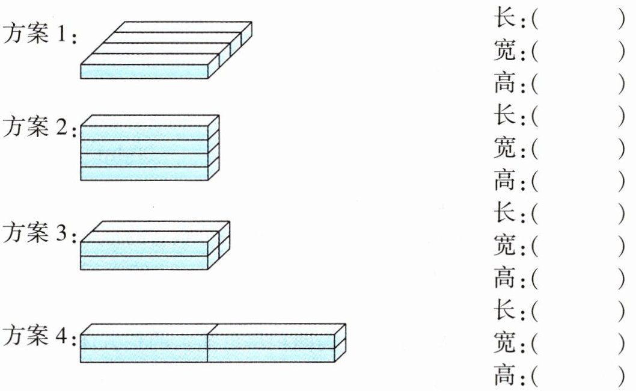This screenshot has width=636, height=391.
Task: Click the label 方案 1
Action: [x=40, y=35]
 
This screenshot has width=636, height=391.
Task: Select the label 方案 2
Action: [x=40, y=127]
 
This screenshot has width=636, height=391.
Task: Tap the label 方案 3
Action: [x=40, y=233]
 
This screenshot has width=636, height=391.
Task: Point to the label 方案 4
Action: [x=40, y=336]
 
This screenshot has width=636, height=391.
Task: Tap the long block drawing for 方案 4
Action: [x=213, y=343]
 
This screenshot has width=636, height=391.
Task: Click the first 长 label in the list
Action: [x=503, y=19]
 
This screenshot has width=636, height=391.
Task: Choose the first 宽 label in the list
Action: [x=503, y=52]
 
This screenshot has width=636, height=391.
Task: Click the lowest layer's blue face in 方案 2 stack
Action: [x=144, y=174]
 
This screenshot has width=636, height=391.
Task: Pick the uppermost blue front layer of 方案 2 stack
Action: [x=144, y=133]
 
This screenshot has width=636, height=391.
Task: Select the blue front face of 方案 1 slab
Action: [x=144, y=71]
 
